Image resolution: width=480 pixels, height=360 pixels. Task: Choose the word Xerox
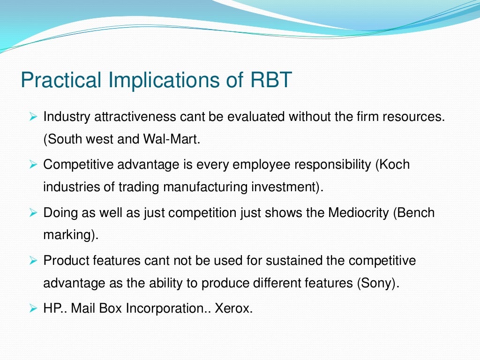click(x=233, y=308)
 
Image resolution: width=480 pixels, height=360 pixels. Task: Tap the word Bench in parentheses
click(x=418, y=212)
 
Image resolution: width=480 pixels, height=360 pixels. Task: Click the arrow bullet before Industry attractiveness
click(x=32, y=116)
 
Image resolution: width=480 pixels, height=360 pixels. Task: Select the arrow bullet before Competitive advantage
click(x=32, y=165)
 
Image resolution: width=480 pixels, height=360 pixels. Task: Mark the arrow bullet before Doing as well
click(x=32, y=212)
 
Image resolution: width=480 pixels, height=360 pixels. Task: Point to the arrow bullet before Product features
click(x=32, y=261)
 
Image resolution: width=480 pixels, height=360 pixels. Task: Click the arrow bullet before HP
click(x=32, y=308)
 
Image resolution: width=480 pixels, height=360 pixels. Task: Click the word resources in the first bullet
click(x=412, y=116)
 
